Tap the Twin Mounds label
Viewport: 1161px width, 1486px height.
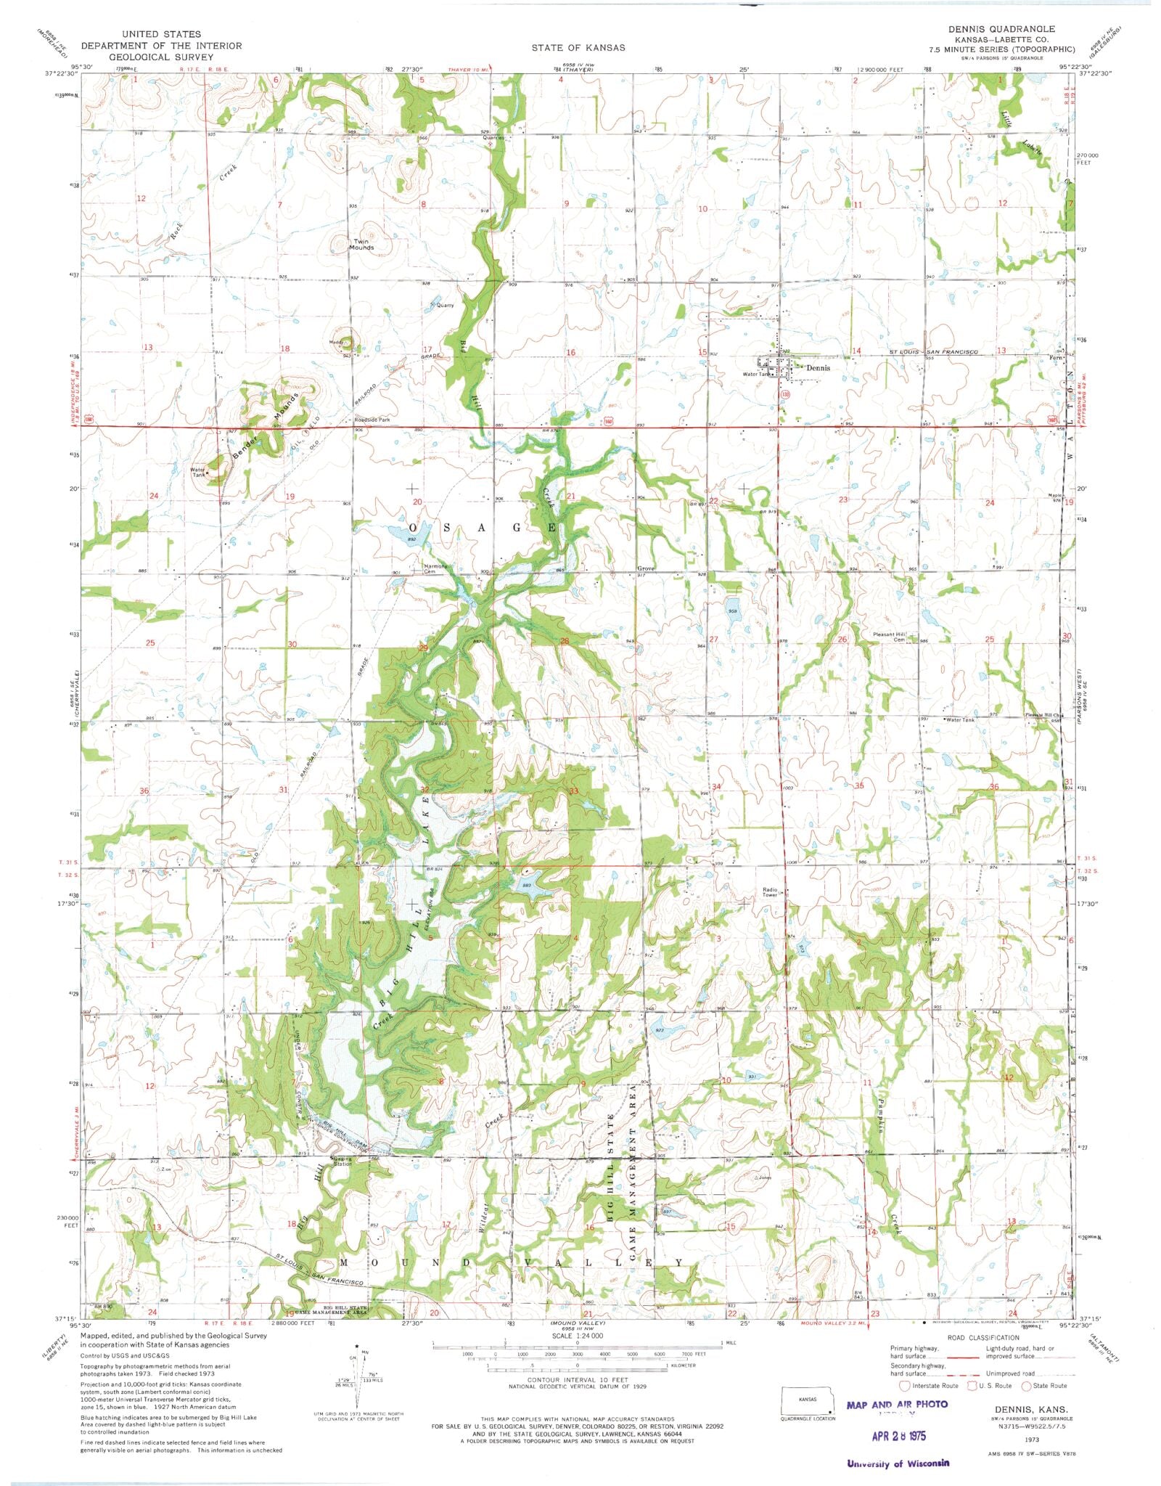click(x=361, y=245)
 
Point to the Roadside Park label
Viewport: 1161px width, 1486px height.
click(x=372, y=420)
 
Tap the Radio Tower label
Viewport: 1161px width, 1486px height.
click(x=769, y=892)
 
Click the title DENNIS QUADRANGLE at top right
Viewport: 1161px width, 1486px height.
click(x=1001, y=28)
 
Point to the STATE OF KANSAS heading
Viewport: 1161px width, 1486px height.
click(x=578, y=47)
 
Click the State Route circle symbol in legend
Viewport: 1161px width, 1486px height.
click(x=1027, y=1386)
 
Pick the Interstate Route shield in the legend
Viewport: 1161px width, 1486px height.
click(x=904, y=1386)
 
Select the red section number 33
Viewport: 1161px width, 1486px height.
click(x=573, y=791)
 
